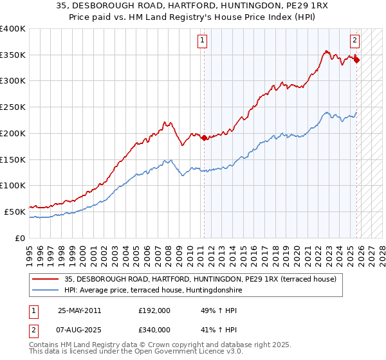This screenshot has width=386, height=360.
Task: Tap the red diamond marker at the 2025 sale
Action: [356, 60]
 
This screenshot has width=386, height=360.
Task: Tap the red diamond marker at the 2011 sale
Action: [204, 138]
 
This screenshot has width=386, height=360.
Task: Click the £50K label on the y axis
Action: [15, 212]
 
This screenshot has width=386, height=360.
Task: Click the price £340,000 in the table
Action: [154, 329]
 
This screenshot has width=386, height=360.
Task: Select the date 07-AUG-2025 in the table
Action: [80, 329]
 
